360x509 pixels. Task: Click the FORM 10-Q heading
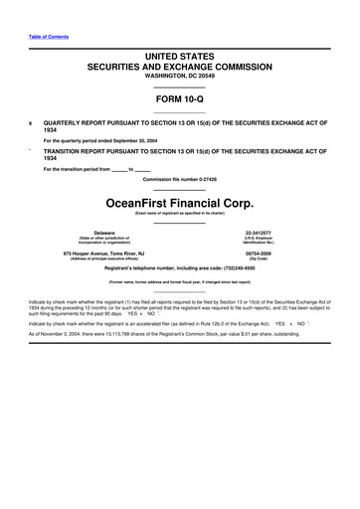[x=179, y=99]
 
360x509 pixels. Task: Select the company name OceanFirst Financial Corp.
[x=180, y=199]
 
